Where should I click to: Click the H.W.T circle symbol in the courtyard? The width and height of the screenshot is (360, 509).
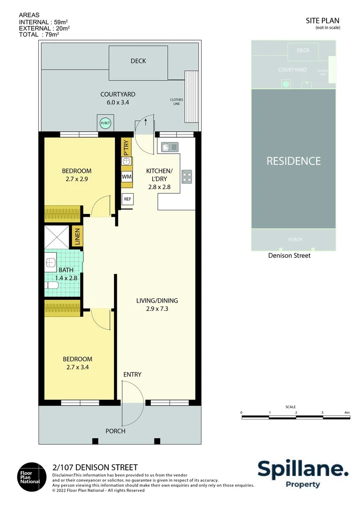click(x=104, y=123)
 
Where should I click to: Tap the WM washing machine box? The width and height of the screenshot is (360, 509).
click(x=126, y=176)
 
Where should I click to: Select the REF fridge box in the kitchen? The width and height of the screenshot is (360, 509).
click(x=127, y=199)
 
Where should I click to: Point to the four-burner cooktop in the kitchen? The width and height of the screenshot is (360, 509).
click(x=187, y=176)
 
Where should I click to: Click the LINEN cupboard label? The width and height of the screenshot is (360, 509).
click(x=77, y=237)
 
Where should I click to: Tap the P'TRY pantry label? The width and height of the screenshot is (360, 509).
click(x=126, y=148)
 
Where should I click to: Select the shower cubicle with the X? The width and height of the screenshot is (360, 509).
click(x=57, y=237)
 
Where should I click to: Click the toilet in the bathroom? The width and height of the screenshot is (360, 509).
click(x=50, y=285)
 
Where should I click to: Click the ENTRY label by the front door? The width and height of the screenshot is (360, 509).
click(x=132, y=375)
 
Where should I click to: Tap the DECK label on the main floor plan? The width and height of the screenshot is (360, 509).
click(x=138, y=61)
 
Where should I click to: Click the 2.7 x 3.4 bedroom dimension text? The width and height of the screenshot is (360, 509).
click(x=77, y=367)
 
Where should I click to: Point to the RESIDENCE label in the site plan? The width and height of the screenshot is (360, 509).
click(x=294, y=161)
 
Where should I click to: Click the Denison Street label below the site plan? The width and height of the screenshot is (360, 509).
click(x=289, y=255)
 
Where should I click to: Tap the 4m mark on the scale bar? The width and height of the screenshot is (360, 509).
click(x=347, y=412)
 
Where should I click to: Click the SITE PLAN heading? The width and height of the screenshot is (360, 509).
click(x=322, y=20)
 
